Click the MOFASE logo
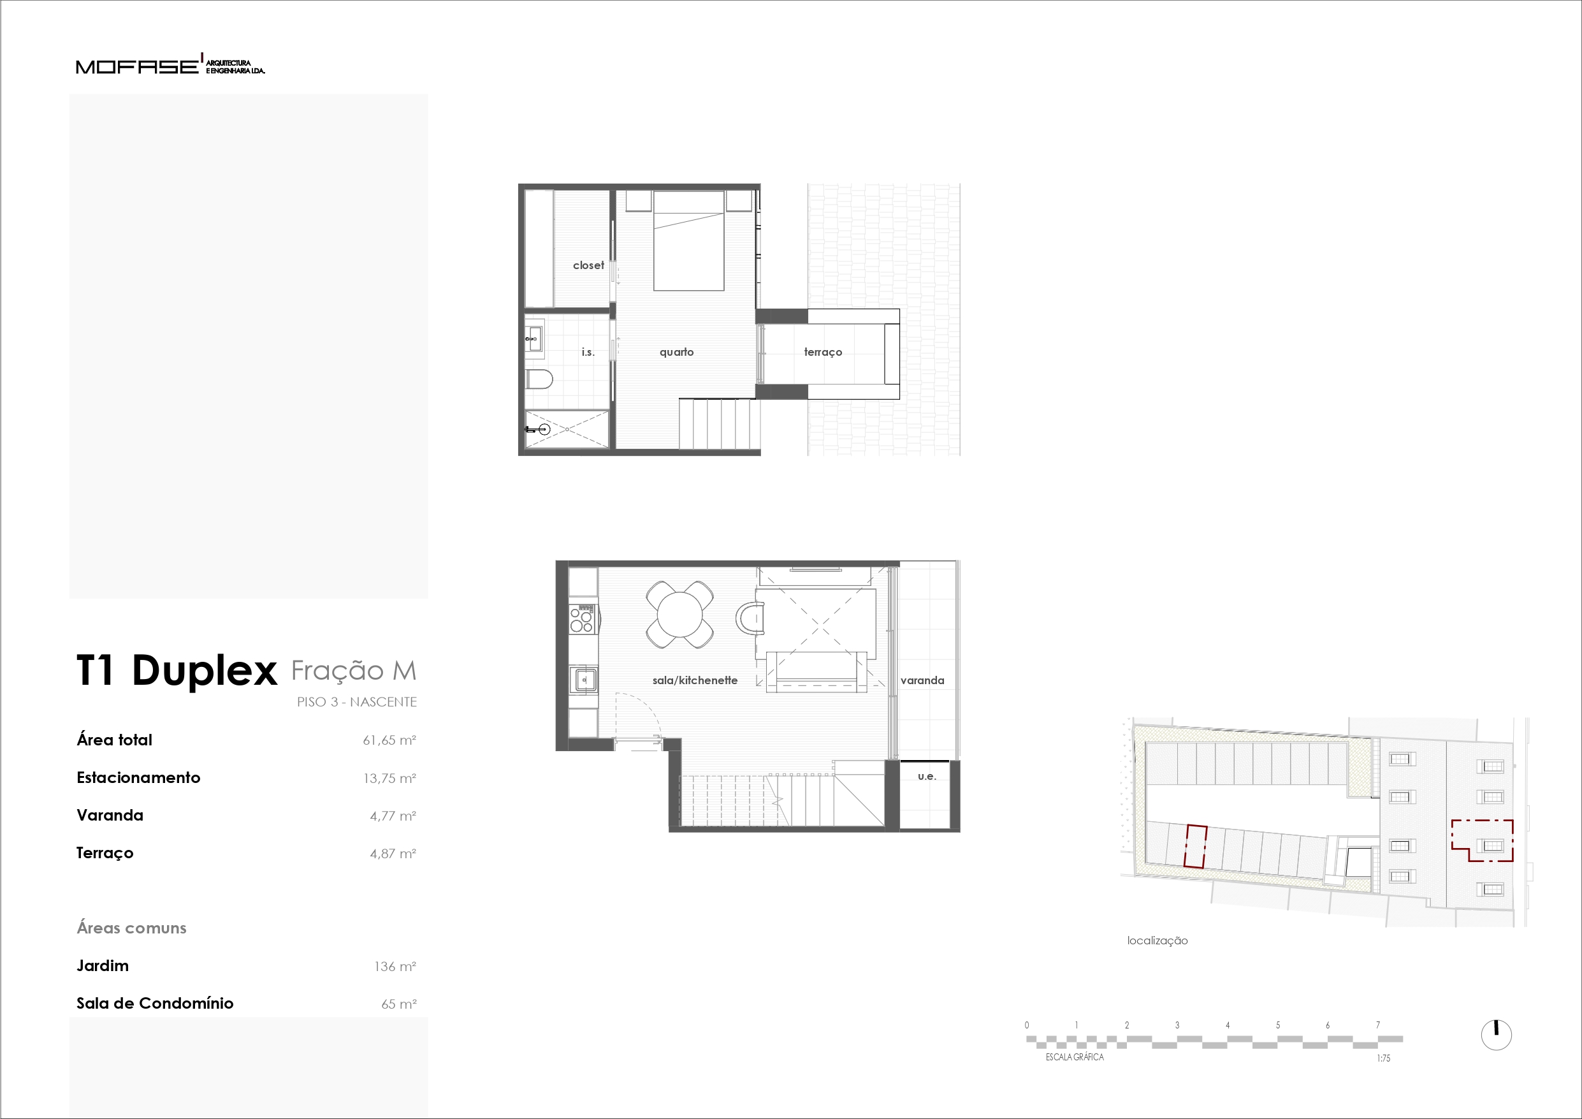tap(170, 65)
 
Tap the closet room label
tap(588, 265)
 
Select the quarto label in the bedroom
tap(677, 353)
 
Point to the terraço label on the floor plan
tap(823, 353)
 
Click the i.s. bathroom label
tap(588, 353)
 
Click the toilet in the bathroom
tap(539, 379)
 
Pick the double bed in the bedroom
tap(688, 240)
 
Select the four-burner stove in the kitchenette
tap(582, 618)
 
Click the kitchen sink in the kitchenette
tap(584, 680)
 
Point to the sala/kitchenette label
tap(695, 680)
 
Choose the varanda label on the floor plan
tap(922, 680)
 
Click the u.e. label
tap(927, 777)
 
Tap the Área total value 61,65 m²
tap(389, 740)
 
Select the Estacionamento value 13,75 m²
tap(389, 779)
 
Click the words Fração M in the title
tap(354, 670)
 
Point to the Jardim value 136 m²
tap(395, 967)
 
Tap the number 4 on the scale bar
tap(1227, 1025)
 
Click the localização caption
tap(1157, 940)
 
